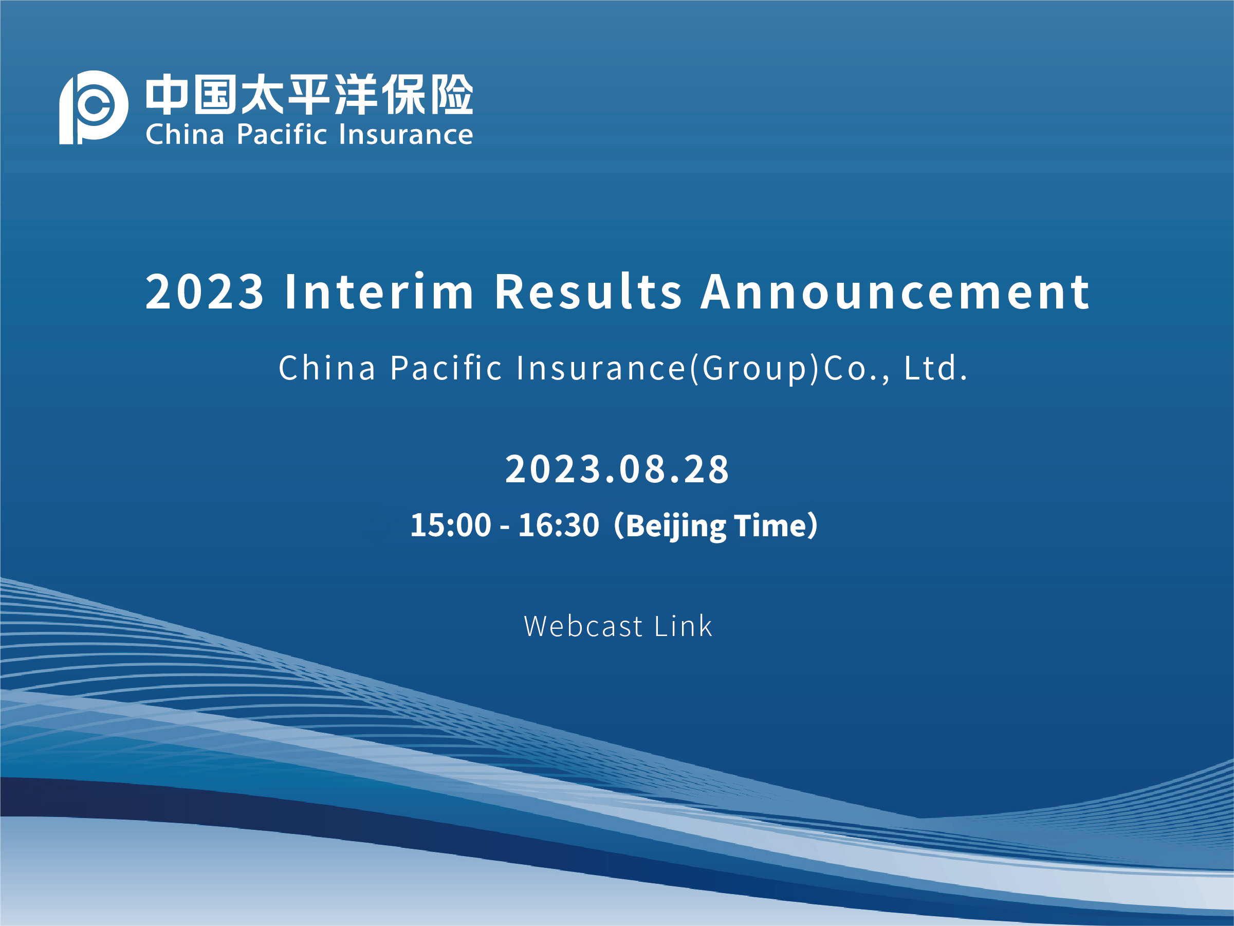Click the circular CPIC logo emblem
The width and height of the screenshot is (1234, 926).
[94, 107]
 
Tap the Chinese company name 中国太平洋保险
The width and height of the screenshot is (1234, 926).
[309, 94]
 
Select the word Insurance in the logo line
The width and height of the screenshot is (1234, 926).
[406, 134]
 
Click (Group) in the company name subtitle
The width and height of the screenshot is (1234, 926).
[754, 369]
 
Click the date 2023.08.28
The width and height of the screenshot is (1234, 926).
[617, 469]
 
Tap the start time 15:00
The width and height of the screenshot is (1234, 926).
[451, 525]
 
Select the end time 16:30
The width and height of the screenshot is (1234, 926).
[559, 525]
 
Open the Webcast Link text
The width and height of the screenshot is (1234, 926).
[618, 626]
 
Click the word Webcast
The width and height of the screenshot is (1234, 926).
[583, 626]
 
